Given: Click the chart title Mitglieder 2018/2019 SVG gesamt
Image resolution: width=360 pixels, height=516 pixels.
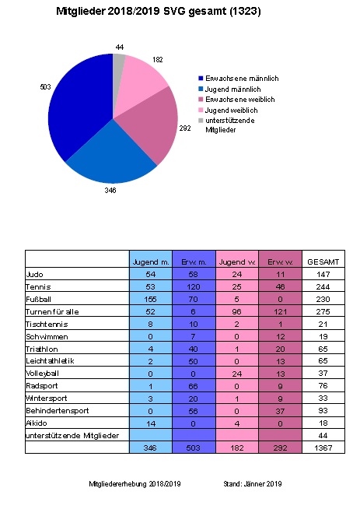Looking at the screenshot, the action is pos(159,12).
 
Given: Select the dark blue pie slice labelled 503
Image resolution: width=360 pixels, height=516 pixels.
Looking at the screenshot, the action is pos(78,109).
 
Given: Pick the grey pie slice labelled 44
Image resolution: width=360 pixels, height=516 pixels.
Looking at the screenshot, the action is pos(120,60).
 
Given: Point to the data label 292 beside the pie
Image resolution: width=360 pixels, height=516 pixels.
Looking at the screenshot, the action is pos(185,128).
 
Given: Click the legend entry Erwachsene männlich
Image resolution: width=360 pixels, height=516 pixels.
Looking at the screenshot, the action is pos(243,79).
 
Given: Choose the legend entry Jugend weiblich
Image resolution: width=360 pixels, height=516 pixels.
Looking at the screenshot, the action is pos(236,110).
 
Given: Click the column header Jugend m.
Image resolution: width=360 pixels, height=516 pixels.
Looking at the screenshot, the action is pos(151,262).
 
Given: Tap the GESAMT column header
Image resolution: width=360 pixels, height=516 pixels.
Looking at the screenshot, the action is pos(323,262).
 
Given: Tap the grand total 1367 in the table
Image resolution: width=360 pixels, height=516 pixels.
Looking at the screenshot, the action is pos(323,448).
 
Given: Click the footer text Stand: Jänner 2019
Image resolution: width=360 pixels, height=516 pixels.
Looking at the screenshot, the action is pos(252,483).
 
